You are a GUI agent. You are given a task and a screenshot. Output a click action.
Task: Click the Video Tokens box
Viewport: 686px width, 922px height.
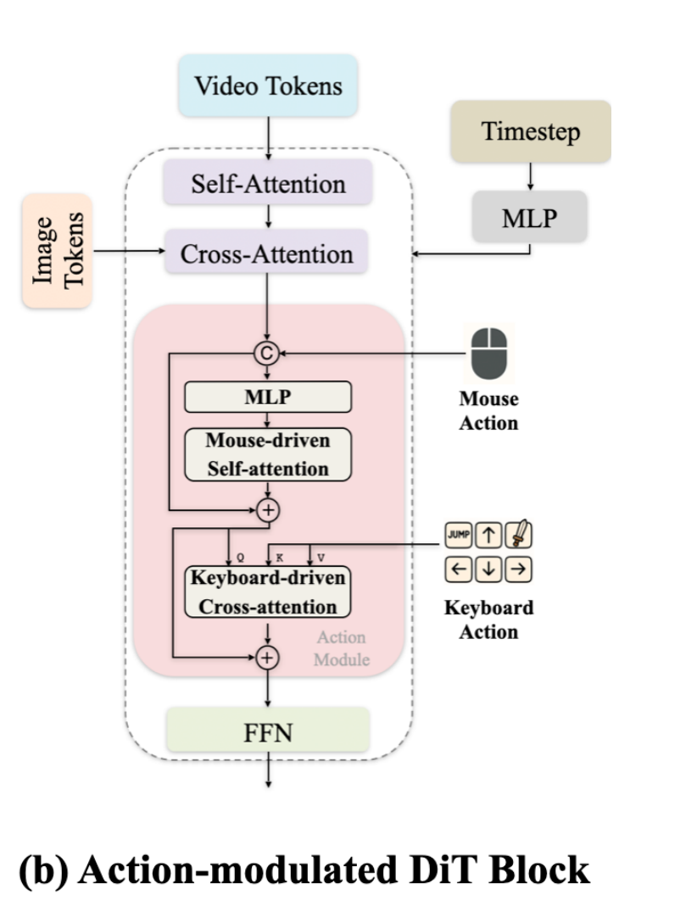pos(269,86)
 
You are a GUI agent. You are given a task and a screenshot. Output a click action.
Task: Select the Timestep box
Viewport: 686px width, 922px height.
pos(531,131)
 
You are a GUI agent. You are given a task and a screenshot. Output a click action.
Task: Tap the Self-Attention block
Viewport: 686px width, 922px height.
pos(268,183)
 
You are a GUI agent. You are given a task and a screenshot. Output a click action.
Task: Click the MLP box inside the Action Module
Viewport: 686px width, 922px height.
pos(268,397)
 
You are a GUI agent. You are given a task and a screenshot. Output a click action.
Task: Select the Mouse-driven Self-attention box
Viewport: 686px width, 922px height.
pos(268,454)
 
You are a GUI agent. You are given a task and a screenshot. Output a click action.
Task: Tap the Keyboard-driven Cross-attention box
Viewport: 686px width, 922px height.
pos(268,592)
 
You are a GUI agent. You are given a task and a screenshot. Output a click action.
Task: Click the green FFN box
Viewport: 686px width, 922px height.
pos(269,730)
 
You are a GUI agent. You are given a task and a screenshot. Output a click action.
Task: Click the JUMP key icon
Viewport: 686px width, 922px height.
pos(459,536)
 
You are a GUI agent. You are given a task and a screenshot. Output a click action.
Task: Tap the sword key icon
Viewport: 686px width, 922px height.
pos(519,536)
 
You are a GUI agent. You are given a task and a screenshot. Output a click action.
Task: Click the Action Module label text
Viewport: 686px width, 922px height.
pos(341,647)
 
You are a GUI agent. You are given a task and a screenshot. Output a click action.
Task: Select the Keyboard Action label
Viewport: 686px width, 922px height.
pos(489,619)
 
